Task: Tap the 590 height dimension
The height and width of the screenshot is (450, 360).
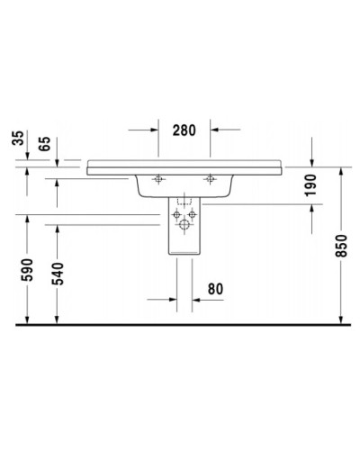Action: [x=28, y=270]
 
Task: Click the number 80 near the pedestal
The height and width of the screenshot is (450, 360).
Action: [x=215, y=289]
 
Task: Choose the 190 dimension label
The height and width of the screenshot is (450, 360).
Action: [x=310, y=184]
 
